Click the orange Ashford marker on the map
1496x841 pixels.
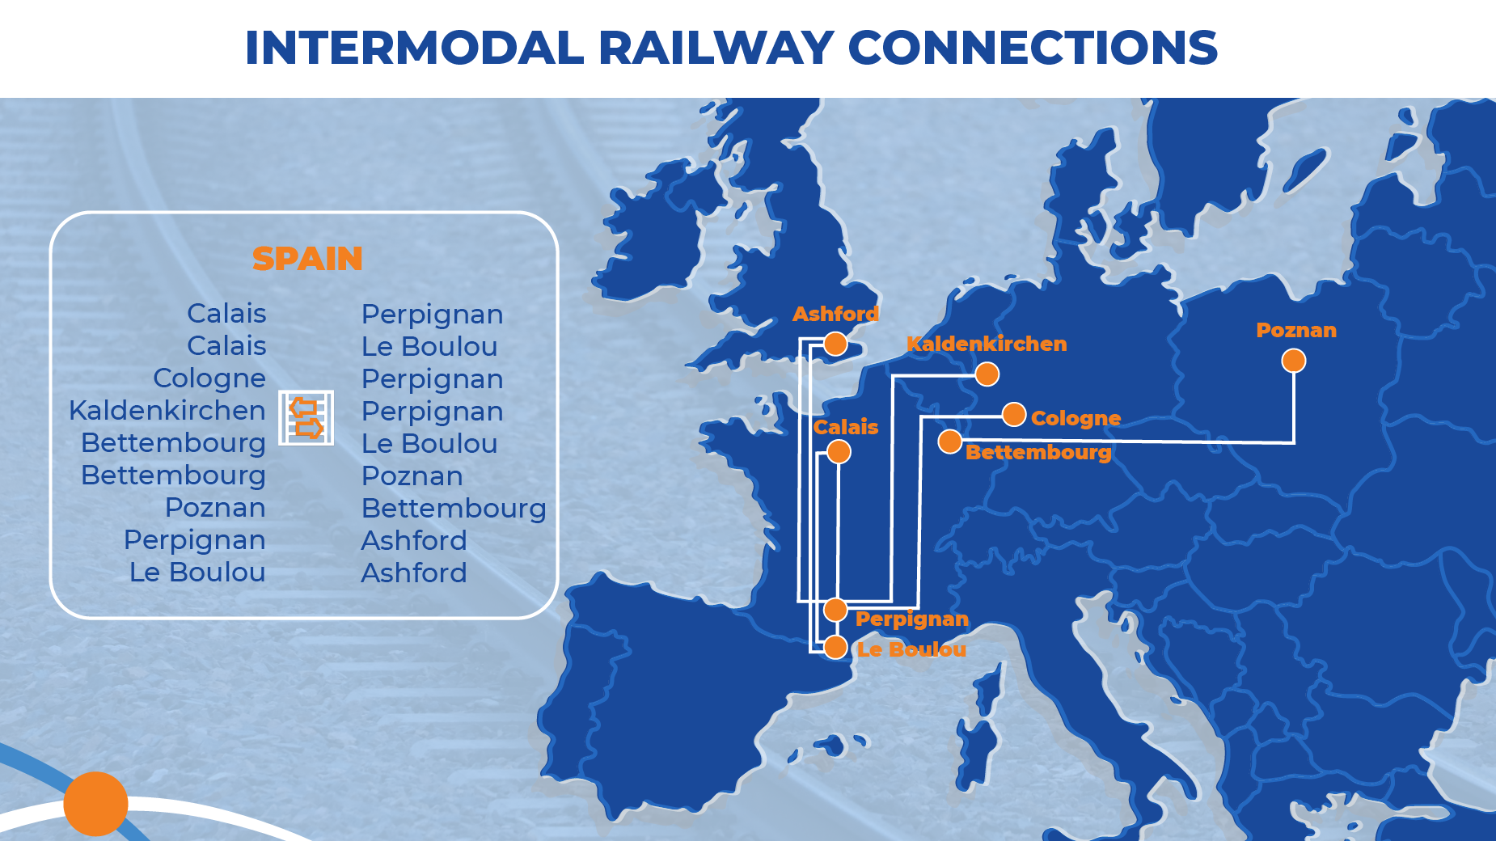[835, 344]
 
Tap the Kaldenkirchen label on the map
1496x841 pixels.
[987, 344]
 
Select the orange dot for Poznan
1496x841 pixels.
[1294, 361]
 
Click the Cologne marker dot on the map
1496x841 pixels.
[1014, 415]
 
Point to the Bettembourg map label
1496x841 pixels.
[1038, 452]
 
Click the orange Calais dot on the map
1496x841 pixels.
[839, 452]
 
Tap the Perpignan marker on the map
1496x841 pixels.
[835, 610]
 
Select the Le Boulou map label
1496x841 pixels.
[911, 649]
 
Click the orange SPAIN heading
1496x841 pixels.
[307, 259]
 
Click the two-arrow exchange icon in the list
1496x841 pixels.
[306, 417]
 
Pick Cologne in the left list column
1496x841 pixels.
[209, 378]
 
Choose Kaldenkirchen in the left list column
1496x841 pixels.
[167, 411]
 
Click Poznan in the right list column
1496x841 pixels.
[412, 476]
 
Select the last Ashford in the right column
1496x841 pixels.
[414, 573]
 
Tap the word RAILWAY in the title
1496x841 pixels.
[716, 48]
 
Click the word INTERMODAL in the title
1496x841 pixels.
[414, 48]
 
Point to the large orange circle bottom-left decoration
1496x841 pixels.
[95, 804]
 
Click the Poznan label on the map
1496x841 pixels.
[1296, 330]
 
